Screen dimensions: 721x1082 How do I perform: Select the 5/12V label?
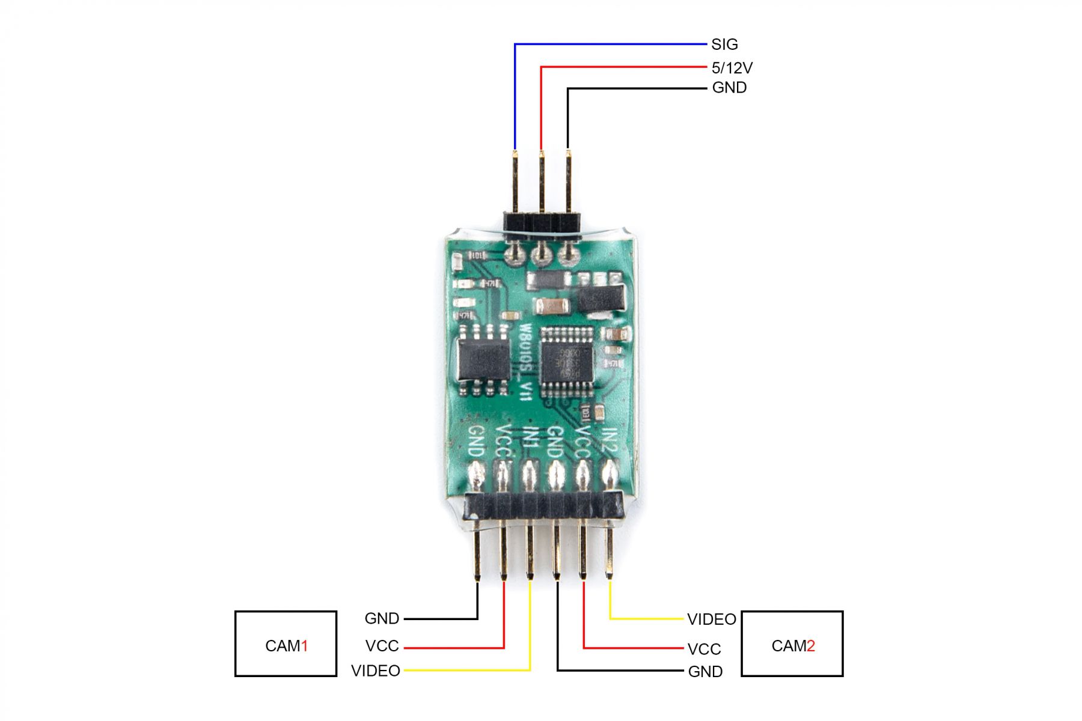(732, 68)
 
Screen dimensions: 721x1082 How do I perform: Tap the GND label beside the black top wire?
(729, 88)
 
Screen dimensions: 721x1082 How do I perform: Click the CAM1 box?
(286, 644)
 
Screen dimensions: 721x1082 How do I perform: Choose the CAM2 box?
(792, 644)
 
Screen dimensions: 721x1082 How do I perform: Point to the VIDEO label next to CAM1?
(376, 671)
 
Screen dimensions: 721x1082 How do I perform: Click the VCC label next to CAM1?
(382, 646)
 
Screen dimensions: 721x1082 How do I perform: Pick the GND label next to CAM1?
(382, 618)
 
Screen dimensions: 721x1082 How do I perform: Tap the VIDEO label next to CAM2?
(712, 619)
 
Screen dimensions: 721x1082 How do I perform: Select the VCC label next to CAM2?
(704, 649)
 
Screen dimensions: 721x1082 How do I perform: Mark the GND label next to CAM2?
(705, 672)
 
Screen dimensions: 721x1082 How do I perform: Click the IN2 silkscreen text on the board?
(610, 442)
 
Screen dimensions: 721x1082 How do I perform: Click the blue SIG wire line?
(607, 44)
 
